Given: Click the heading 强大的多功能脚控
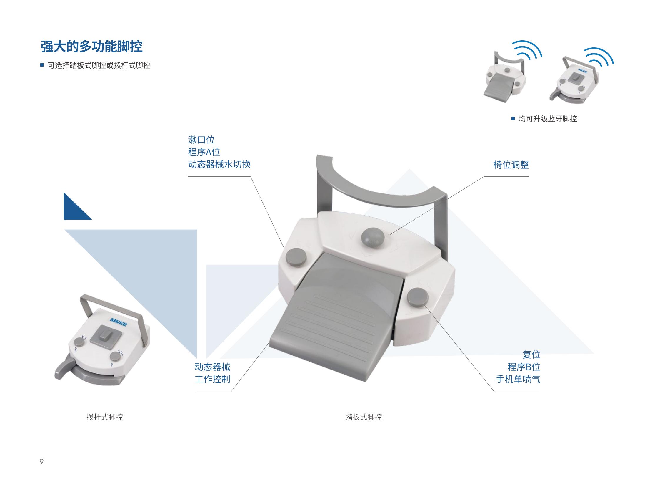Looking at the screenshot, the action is [x=91, y=46].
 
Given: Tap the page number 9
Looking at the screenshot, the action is [x=41, y=462].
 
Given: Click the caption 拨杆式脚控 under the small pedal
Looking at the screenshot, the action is [x=104, y=417].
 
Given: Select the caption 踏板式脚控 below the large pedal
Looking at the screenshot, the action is [x=364, y=417].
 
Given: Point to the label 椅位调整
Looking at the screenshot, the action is [x=511, y=165].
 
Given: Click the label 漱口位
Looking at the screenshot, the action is [x=201, y=140].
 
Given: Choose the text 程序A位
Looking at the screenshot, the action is [x=204, y=152].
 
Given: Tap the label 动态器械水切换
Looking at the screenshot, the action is [x=219, y=165].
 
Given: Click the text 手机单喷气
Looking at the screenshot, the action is [x=518, y=379].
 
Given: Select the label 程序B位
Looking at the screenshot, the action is [x=524, y=367].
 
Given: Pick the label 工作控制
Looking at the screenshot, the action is [x=212, y=379].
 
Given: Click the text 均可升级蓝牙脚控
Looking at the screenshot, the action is [x=548, y=119].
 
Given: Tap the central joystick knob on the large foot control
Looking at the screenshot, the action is [x=373, y=238].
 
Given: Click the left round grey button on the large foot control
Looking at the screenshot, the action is [x=296, y=257].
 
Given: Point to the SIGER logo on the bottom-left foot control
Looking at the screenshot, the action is [x=119, y=322].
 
